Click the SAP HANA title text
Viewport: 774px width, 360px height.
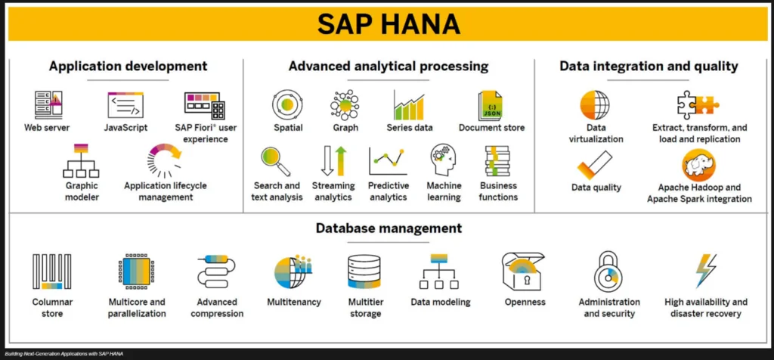click(x=389, y=24)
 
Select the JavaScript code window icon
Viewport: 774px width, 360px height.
click(x=125, y=104)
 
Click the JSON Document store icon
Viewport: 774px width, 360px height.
click(x=490, y=105)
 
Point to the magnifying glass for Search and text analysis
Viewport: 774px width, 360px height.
click(x=276, y=162)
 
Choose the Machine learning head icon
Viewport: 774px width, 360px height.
click(x=443, y=160)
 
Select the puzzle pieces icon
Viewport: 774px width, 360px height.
click(x=698, y=104)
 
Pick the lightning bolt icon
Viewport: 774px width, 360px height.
click(x=706, y=271)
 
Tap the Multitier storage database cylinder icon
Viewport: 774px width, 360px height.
click(x=364, y=271)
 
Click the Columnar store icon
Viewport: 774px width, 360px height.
click(x=52, y=271)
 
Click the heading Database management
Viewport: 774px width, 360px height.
click(x=389, y=228)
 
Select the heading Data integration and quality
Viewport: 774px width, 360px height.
click(x=649, y=66)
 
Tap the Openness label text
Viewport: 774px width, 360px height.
click(x=525, y=302)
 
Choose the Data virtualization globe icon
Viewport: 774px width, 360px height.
click(x=595, y=105)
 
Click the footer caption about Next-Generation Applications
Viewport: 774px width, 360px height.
click(x=63, y=354)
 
